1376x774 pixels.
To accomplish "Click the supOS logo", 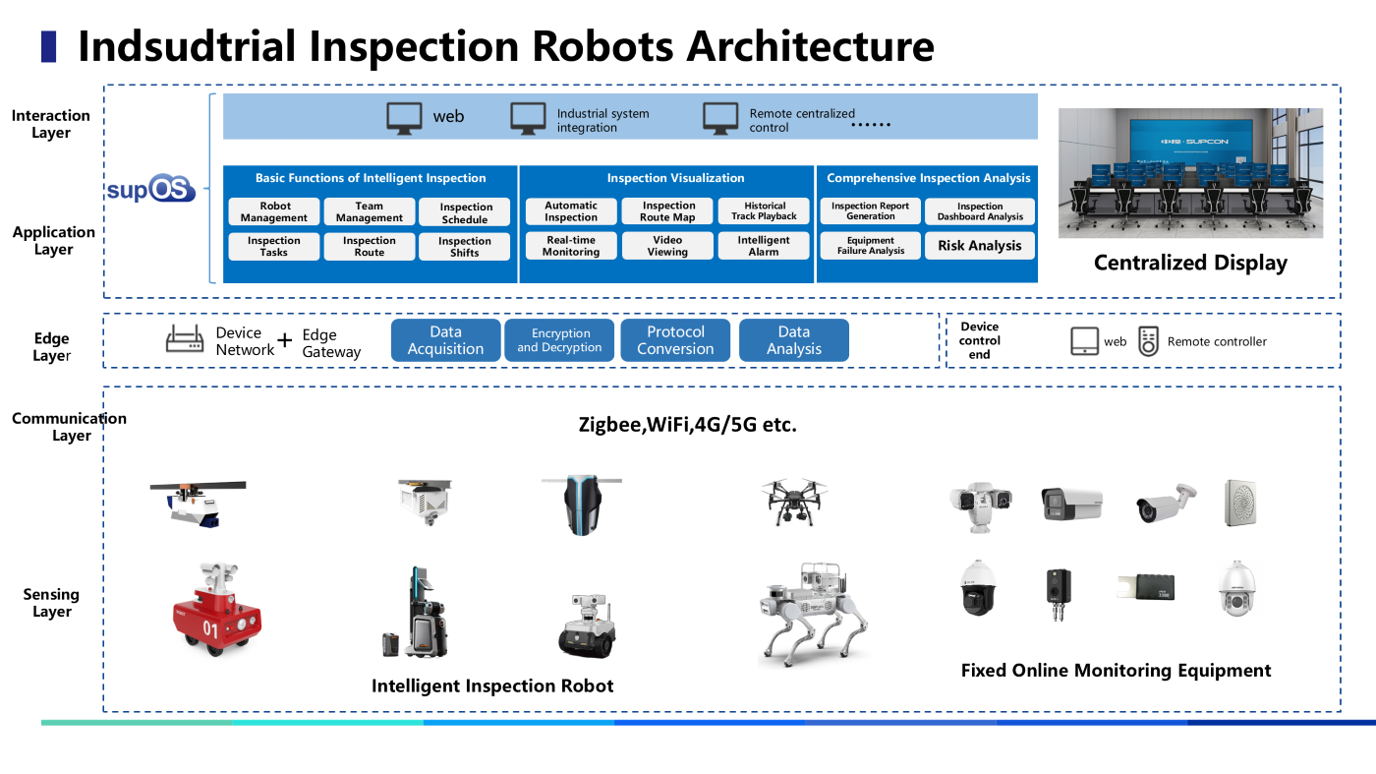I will coord(150,189).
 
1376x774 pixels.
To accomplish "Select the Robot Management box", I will coord(275,212).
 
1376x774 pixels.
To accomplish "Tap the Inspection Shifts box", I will coord(465,247).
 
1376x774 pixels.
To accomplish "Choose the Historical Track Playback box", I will coord(765,211).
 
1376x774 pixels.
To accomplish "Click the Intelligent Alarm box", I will coord(764,246).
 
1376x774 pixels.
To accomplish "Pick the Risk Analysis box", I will coord(979,246).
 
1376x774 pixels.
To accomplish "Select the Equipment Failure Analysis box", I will coord(871,246).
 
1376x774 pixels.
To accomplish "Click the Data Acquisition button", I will coord(445,340).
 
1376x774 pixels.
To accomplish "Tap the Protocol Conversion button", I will coord(675,340).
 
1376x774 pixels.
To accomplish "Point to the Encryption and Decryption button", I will coord(559,340).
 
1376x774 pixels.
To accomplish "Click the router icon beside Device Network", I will coord(185,340).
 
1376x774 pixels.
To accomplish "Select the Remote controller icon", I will coord(1148,341).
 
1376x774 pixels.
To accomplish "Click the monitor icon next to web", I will coord(404,117).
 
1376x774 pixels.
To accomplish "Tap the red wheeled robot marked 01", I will coord(216,610).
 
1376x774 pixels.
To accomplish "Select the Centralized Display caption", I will coord(1190,263).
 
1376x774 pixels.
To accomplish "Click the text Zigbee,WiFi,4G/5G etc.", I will coord(686,426).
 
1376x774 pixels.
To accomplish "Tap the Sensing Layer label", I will coord(51,603).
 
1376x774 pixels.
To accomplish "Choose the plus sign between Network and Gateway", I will coord(285,341).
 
